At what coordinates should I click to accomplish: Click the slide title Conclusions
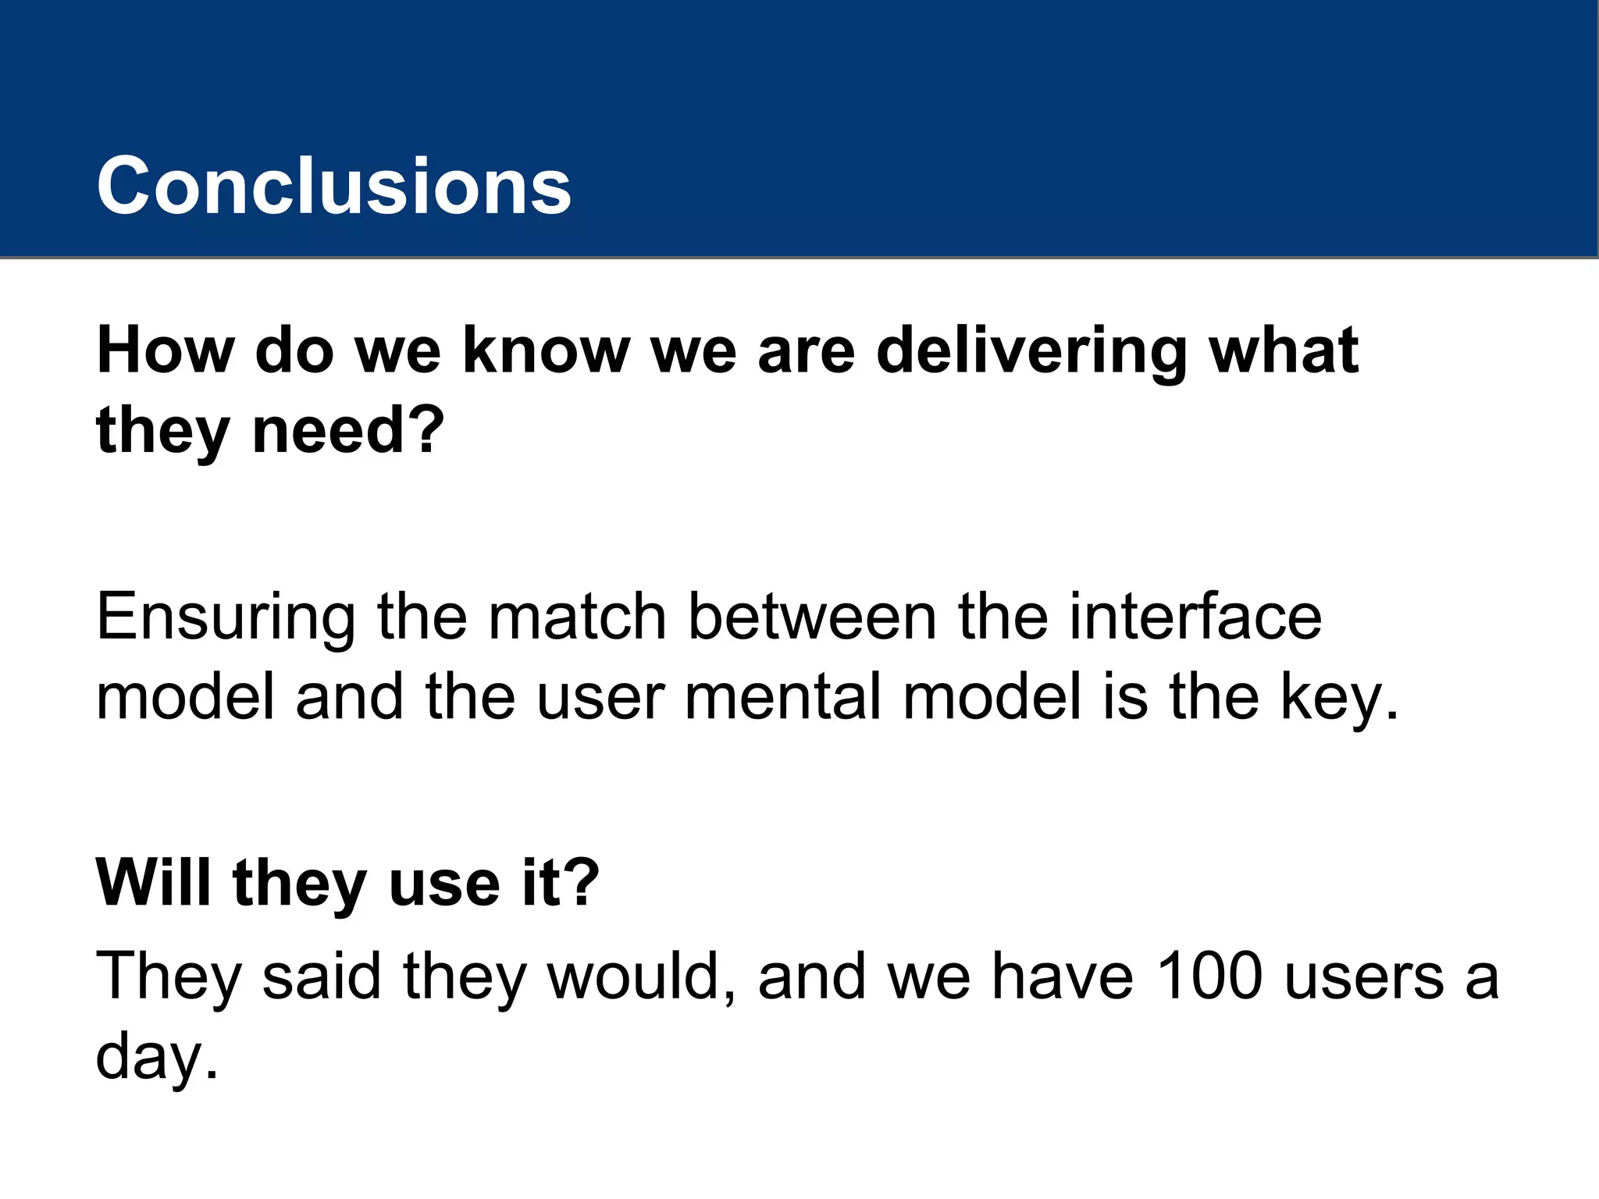click(x=334, y=186)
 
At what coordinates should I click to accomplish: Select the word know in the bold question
click(x=546, y=351)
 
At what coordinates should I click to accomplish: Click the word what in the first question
click(x=1284, y=351)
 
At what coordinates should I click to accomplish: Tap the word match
click(x=577, y=617)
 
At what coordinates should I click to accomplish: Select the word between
click(x=812, y=617)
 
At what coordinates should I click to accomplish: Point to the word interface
click(x=1195, y=617)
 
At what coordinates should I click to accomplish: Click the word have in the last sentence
click(x=1063, y=977)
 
